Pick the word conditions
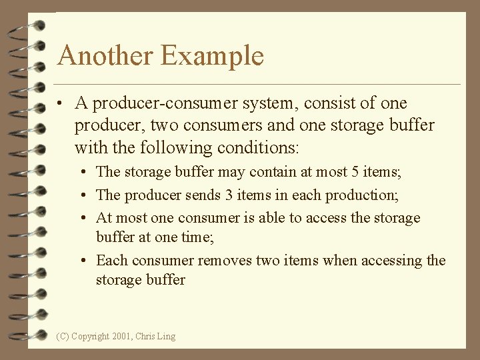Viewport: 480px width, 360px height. pos(258,147)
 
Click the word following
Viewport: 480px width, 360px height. pos(168,147)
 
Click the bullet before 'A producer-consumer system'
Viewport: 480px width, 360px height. pos(61,104)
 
